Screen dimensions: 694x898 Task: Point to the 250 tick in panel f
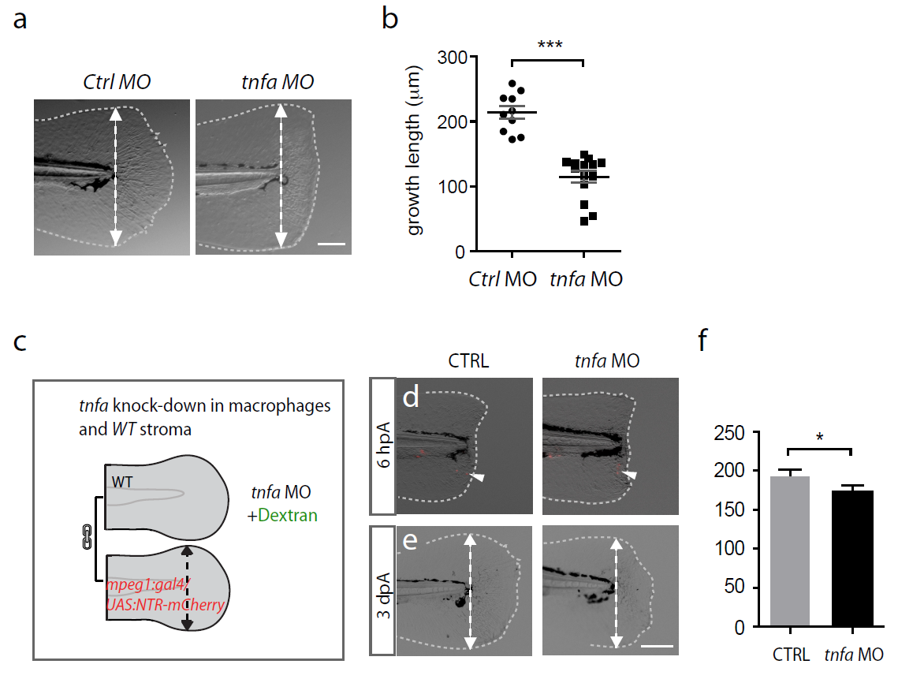(735, 432)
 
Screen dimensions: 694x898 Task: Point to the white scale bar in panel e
(658, 645)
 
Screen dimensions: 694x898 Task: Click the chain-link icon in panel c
(88, 539)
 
